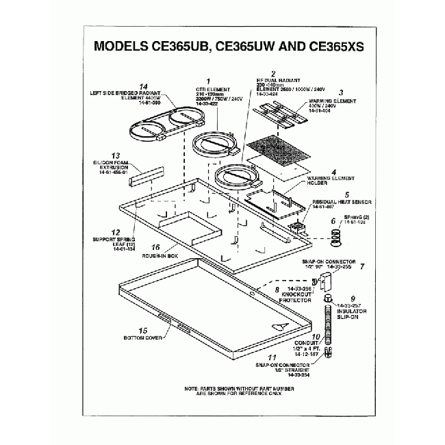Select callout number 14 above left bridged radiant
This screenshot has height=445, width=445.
coord(143,86)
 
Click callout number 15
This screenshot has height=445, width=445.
coord(143,330)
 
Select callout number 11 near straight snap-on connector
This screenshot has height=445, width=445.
coord(272,357)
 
